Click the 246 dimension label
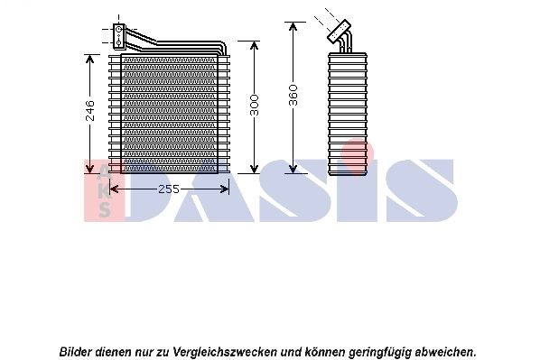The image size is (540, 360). tap(89, 110)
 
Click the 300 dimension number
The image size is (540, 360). tap(255, 105)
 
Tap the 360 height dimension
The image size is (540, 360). tap(293, 96)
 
